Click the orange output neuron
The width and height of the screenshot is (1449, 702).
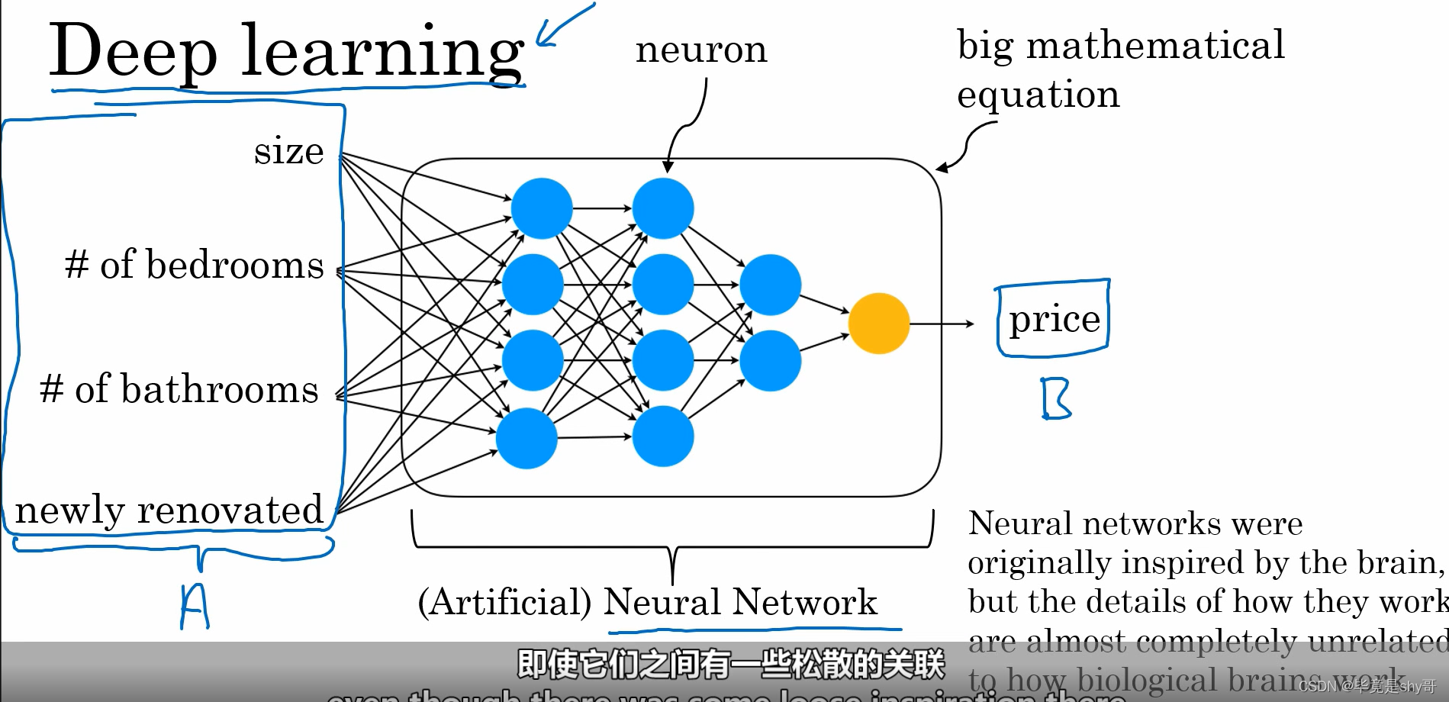tap(879, 324)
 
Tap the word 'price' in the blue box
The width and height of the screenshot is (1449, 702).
tap(1055, 319)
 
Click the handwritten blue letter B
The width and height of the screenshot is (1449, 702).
tap(1056, 399)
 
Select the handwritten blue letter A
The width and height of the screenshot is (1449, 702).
tap(194, 607)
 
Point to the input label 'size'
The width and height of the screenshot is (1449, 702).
tap(288, 151)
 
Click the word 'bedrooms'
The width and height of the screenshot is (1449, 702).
tap(234, 265)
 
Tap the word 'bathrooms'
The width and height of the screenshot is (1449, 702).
tap(219, 389)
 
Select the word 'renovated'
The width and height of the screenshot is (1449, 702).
tap(230, 510)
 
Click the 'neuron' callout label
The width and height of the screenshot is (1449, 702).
tap(701, 50)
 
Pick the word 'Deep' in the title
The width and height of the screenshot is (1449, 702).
tap(133, 52)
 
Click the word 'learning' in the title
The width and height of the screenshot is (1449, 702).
tap(382, 52)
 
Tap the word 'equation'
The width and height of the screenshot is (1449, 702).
tap(1038, 95)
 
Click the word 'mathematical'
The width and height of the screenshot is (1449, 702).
tap(1155, 45)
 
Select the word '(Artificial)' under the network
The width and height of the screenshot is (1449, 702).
tap(504, 602)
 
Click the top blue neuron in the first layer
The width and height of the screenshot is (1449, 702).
tap(542, 208)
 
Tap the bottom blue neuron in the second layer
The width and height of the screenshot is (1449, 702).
tap(663, 436)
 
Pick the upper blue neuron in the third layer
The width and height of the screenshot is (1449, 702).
tap(770, 285)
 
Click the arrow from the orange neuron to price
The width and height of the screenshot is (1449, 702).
tap(942, 324)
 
